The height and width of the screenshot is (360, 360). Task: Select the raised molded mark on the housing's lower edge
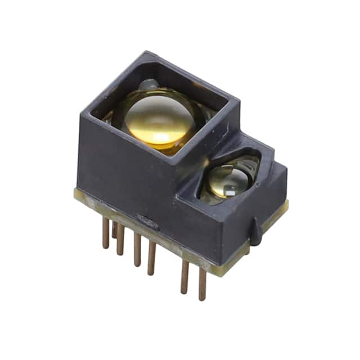click(147, 220)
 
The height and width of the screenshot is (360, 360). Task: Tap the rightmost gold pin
click(202, 284)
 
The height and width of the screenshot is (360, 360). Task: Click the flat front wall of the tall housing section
click(124, 169)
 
